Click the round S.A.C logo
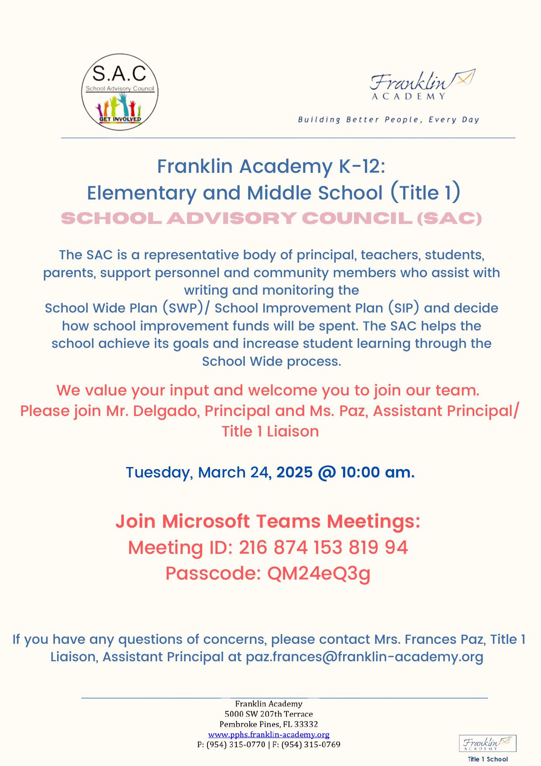[x=120, y=92]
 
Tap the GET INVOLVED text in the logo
[x=120, y=119]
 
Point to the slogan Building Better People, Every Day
[x=388, y=120]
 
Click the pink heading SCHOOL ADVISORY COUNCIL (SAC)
[x=271, y=218]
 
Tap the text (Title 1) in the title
[x=425, y=193]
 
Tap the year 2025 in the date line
[x=294, y=472]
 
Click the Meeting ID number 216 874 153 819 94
[x=323, y=547]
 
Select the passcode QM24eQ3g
[x=319, y=573]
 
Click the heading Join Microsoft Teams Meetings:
[x=268, y=521]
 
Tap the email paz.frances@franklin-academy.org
[x=364, y=657]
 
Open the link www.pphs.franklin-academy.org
[x=269, y=735]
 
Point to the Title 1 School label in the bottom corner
[x=487, y=759]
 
